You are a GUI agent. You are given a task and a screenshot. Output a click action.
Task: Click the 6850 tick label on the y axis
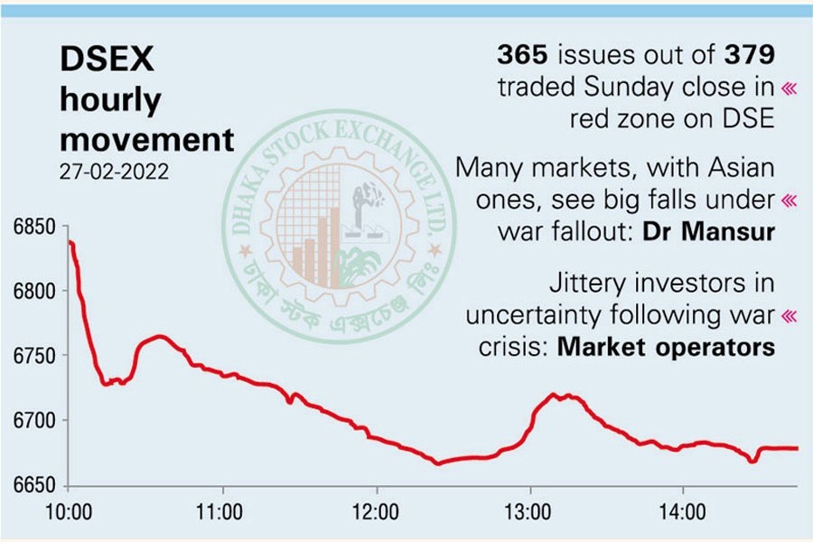point(34,226)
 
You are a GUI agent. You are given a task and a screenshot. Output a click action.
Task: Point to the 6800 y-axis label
point(34,291)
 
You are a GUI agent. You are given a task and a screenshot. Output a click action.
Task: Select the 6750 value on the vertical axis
point(34,356)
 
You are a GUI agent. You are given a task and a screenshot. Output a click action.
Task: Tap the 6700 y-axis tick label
point(34,421)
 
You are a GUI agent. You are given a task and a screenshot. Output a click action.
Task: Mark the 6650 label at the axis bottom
point(34,486)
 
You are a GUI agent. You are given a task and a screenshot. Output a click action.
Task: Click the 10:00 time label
point(69,512)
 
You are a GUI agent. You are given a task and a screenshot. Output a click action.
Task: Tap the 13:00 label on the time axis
point(529,512)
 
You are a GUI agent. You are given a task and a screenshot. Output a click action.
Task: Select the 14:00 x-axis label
point(683,512)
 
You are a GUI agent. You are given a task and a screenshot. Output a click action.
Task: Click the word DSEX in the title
point(107,61)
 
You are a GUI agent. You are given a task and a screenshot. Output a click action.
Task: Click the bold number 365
point(523,55)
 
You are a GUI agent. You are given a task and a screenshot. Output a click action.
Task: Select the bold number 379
point(749,55)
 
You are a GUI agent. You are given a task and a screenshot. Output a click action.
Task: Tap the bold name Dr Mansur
point(709,231)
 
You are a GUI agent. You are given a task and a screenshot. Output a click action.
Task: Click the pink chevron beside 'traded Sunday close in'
point(790,88)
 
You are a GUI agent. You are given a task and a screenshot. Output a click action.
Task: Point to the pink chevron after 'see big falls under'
point(790,200)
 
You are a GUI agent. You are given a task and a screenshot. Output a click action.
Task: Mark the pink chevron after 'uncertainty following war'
point(790,315)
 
